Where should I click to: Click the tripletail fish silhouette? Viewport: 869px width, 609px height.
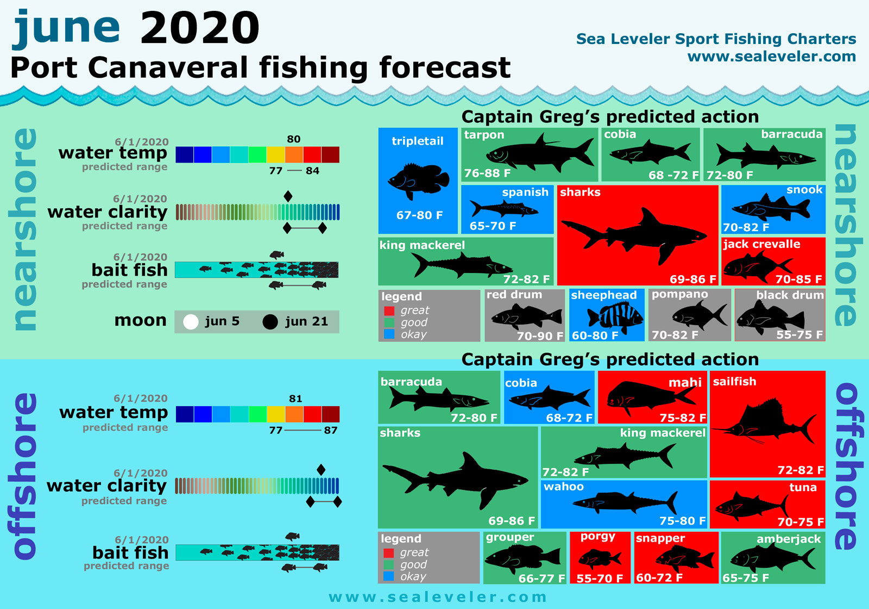click(418, 180)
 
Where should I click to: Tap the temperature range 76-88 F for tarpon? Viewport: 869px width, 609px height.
click(487, 173)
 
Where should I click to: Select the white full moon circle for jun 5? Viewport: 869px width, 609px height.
click(191, 322)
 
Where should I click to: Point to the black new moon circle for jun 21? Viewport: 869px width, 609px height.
click(270, 322)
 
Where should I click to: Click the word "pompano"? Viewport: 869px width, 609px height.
click(679, 295)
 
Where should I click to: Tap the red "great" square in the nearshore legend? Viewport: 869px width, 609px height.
click(389, 310)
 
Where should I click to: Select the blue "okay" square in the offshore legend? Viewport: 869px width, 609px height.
click(388, 576)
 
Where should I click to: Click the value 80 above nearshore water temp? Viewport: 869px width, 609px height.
click(294, 139)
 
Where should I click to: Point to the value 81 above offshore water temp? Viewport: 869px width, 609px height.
click(295, 399)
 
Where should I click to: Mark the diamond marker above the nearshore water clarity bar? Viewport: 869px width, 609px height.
click(288, 196)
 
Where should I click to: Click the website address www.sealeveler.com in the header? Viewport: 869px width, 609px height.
click(771, 57)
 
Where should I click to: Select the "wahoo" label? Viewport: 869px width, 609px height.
click(564, 487)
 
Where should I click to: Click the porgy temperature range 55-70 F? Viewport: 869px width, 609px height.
click(600, 578)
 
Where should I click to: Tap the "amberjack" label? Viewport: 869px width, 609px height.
click(789, 539)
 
